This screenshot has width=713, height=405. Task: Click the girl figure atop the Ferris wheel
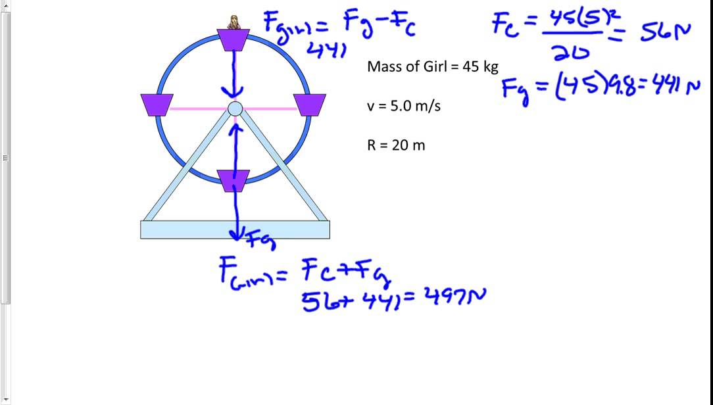234,22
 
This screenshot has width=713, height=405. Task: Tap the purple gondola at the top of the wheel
234,40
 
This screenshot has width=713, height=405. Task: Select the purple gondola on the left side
157,105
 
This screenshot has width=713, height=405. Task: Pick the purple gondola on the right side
310,105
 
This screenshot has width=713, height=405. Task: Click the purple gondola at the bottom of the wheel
234,180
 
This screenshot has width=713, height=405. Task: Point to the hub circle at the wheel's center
235,108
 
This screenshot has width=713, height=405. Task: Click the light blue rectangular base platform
235,229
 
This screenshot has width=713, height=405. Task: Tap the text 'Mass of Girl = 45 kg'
432,66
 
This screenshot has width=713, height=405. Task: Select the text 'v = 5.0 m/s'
403,106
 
